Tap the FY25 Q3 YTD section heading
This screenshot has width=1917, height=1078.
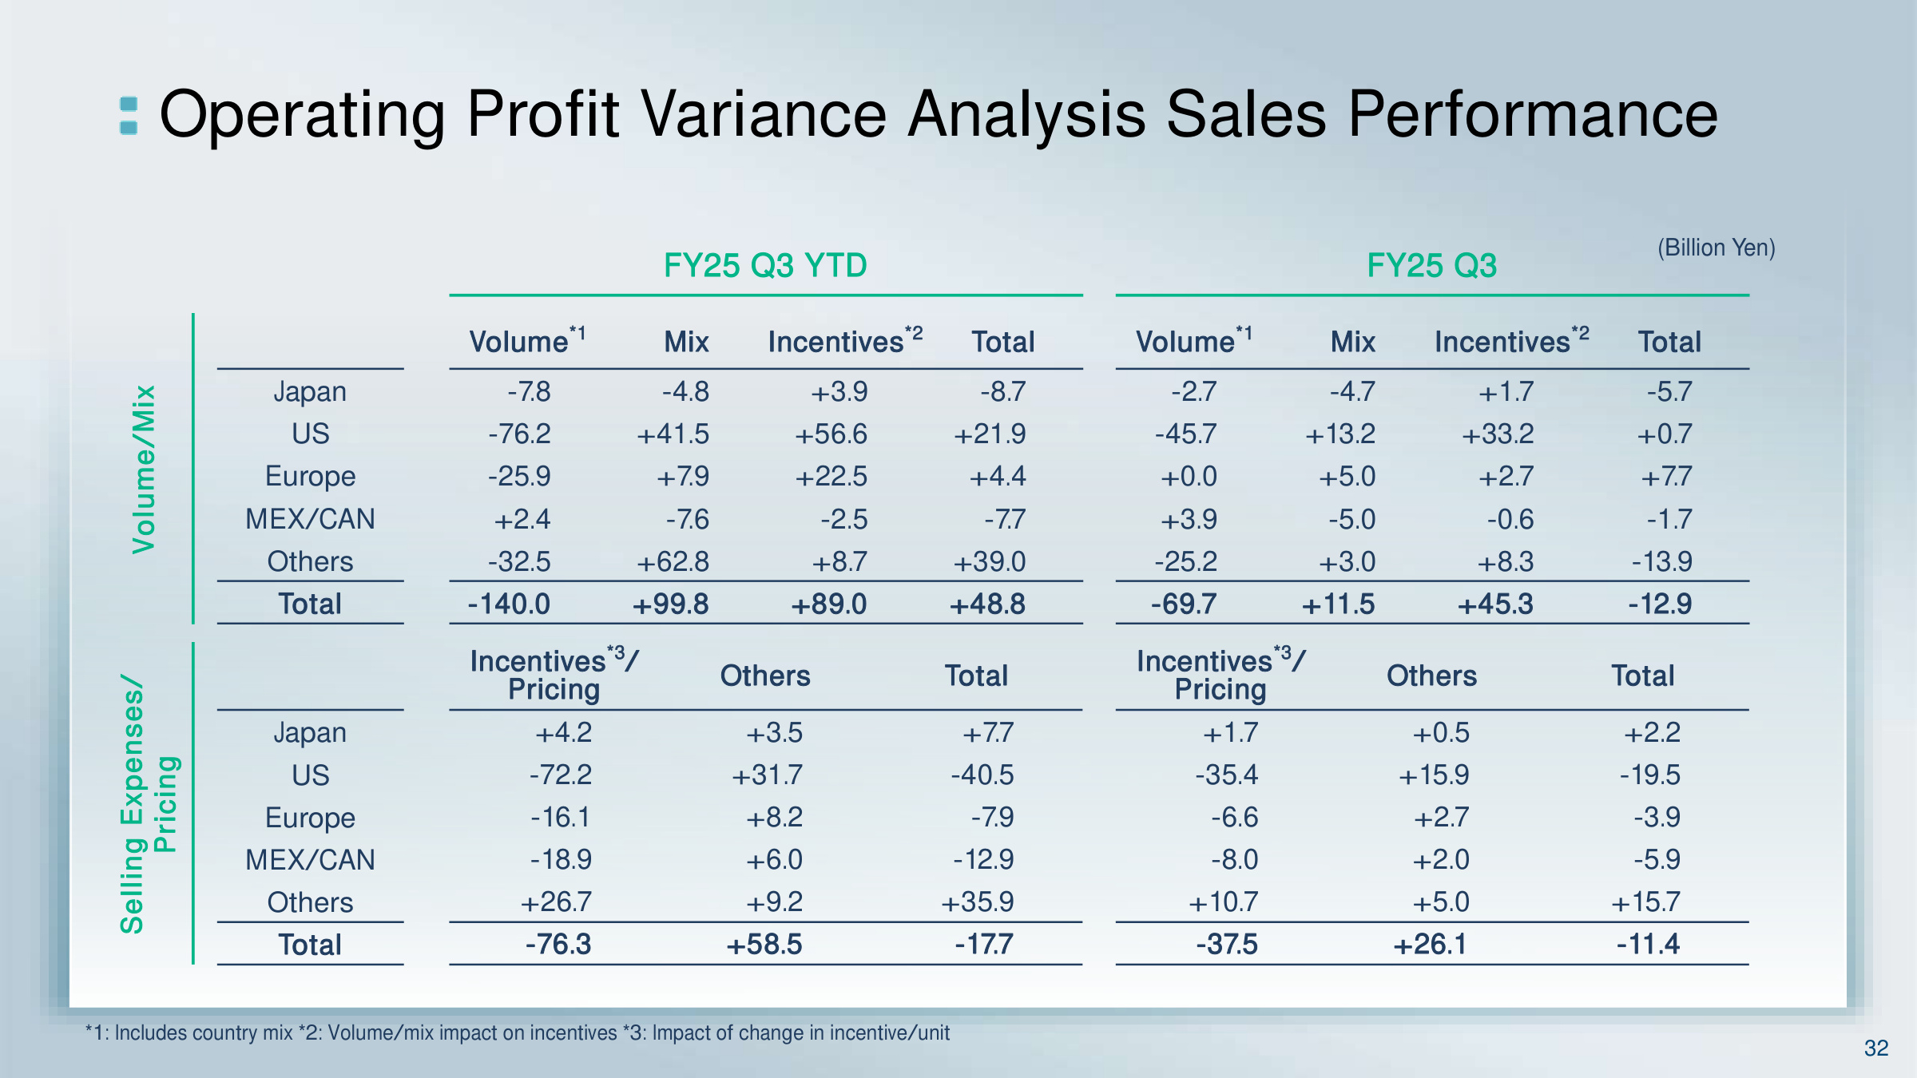[x=765, y=266]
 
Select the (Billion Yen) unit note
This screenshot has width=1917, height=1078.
[x=1716, y=248]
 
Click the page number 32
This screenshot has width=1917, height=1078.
[x=1875, y=1048]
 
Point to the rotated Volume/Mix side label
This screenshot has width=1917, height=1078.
[x=145, y=470]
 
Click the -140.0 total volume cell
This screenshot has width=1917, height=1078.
[x=509, y=604]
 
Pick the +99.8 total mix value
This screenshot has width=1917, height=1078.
[x=670, y=604]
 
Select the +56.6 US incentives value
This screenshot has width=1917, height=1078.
[x=831, y=434]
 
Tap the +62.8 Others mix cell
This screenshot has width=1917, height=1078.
[x=673, y=561]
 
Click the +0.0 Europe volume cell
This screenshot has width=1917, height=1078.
[x=1189, y=477]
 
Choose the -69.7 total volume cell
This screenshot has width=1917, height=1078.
[x=1184, y=604]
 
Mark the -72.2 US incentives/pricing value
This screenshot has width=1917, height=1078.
[x=561, y=775]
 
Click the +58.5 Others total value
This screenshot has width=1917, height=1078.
[x=764, y=945]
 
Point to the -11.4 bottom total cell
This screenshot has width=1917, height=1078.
[x=1648, y=945]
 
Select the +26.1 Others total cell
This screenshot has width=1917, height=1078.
[x=1430, y=945]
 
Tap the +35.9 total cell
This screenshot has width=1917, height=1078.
[x=977, y=902]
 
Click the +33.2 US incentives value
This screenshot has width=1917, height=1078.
[x=1498, y=434]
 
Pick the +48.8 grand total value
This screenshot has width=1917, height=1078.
[x=987, y=604]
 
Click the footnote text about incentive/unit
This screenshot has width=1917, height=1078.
[x=800, y=1032]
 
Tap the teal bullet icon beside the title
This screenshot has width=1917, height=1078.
[x=129, y=116]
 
